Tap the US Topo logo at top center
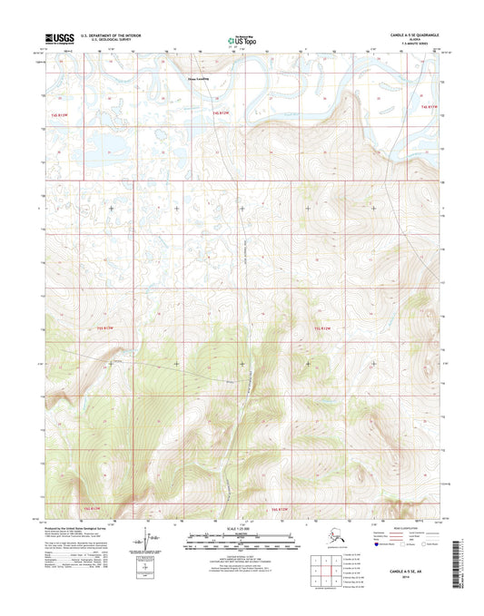tap(242, 41)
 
